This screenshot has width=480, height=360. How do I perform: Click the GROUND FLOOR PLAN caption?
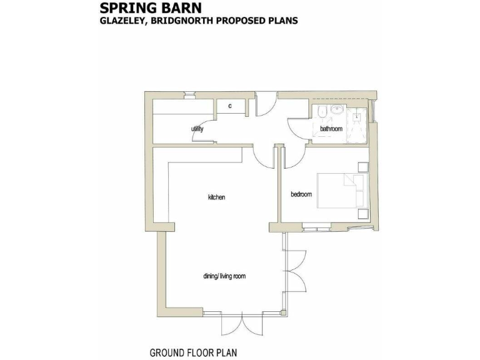(193, 352)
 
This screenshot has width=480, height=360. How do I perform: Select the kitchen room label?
(216, 197)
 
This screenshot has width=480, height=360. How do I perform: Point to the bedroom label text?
(301, 194)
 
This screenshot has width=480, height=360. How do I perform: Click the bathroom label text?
(331, 129)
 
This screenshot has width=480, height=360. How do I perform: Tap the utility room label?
(197, 129)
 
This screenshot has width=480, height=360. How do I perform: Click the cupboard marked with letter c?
(230, 106)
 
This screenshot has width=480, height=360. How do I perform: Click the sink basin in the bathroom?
(337, 110)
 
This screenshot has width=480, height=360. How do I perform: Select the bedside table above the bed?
(362, 167)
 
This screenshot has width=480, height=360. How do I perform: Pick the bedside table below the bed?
(362, 214)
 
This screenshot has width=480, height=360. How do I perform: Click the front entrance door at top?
(266, 103)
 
